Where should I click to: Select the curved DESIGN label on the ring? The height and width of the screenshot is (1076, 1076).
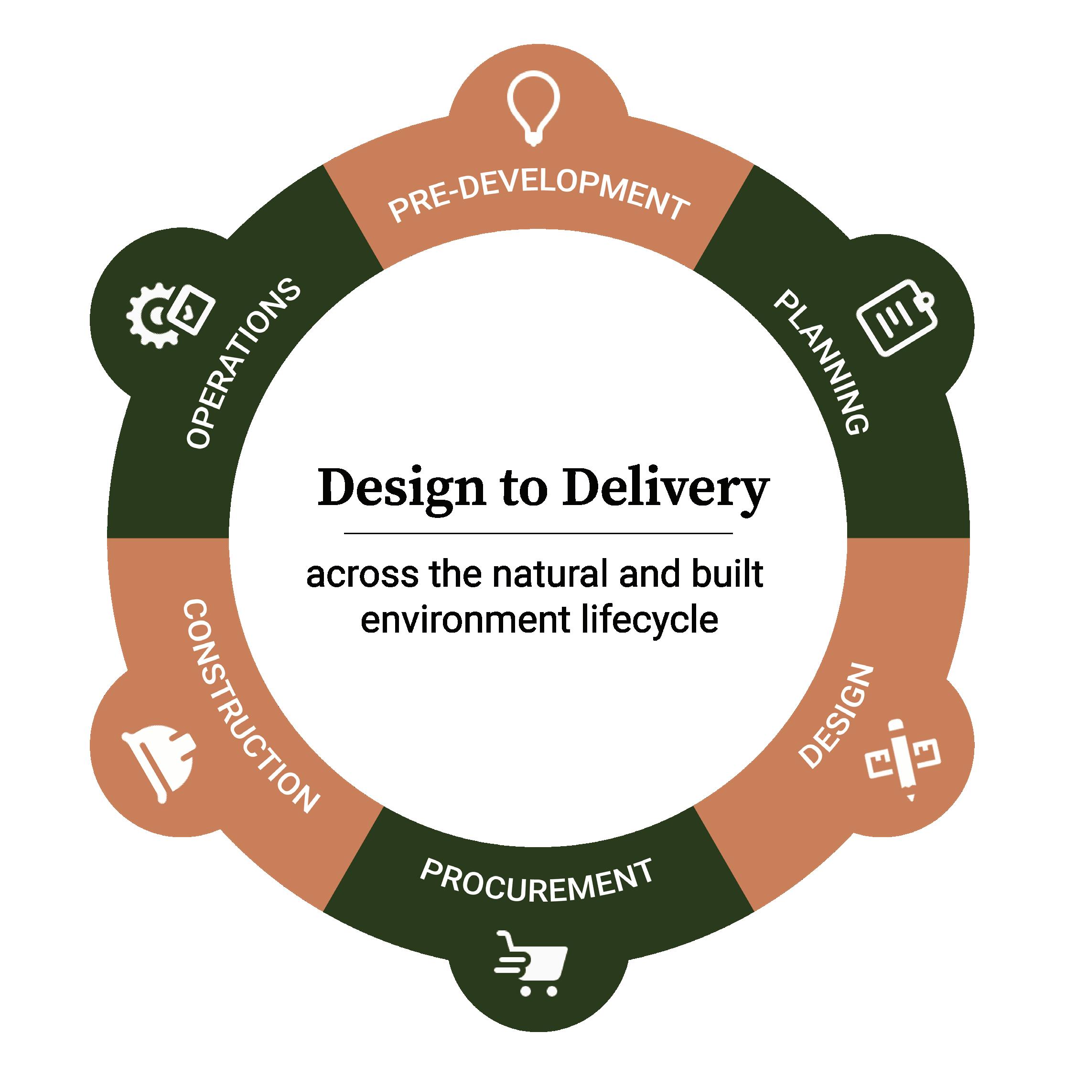click(833, 715)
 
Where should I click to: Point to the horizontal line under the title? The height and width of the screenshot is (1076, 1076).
click(538, 533)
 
